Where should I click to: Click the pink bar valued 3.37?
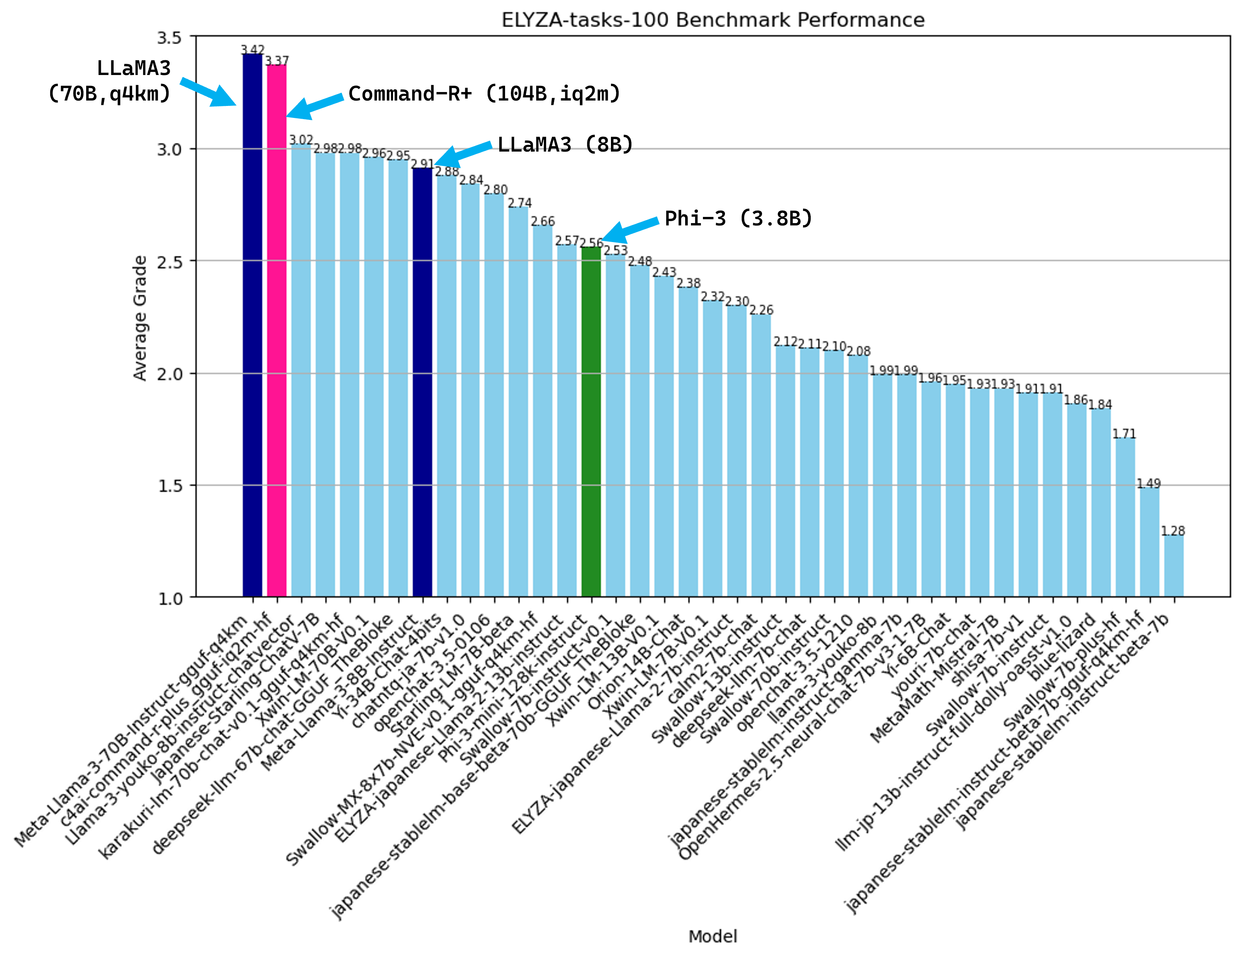(276, 330)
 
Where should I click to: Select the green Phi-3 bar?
(591, 421)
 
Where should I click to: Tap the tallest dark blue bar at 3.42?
(252, 324)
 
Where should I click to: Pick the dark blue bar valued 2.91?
(422, 381)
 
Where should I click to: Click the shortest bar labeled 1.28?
(1174, 566)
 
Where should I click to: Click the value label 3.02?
(301, 140)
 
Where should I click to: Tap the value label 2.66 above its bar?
(543, 221)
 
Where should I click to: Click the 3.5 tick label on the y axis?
(170, 38)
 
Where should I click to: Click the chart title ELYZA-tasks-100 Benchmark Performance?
(713, 20)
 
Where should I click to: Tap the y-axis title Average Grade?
(140, 317)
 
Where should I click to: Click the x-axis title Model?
(713, 936)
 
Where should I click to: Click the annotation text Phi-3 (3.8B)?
(738, 218)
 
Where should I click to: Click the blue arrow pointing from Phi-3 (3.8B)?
(630, 229)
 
